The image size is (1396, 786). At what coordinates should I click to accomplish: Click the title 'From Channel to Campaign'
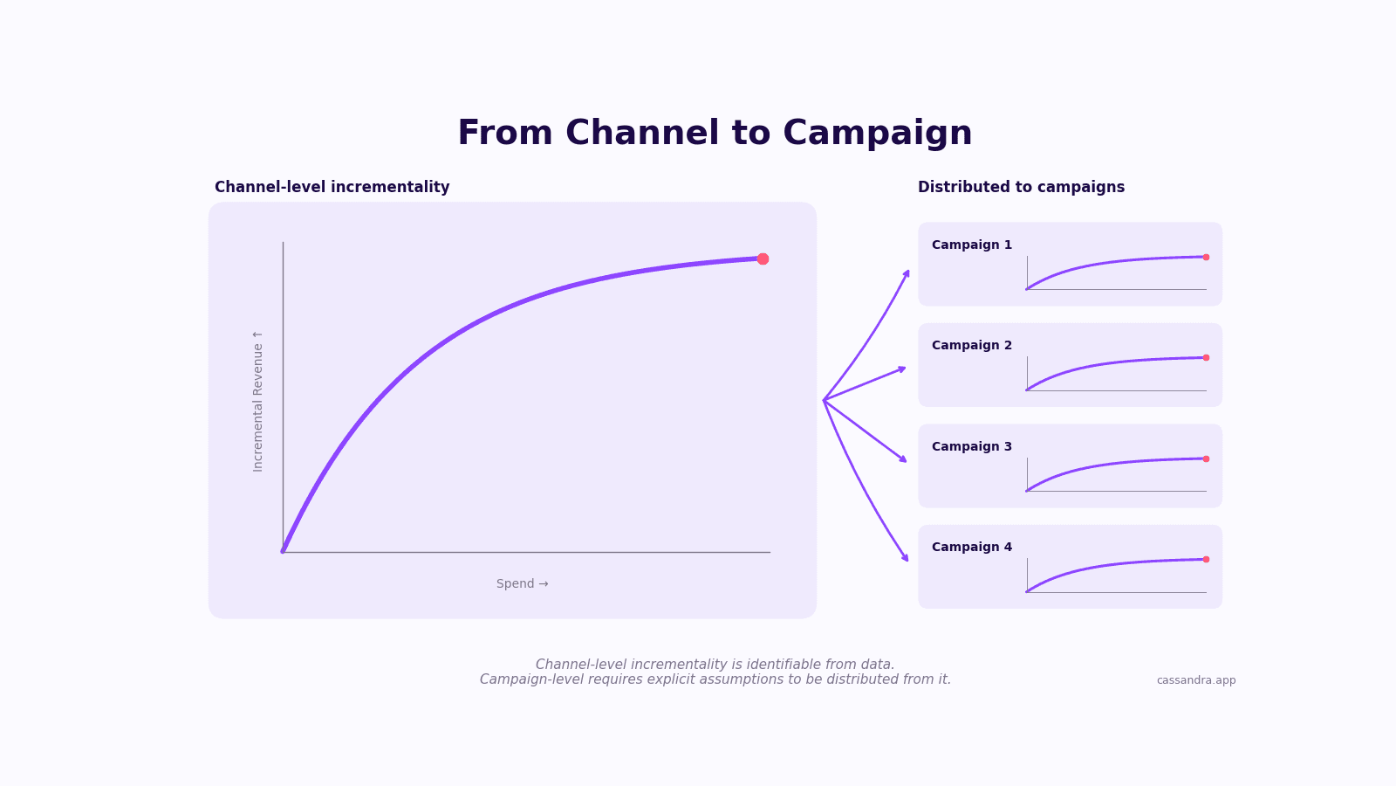coord(715,133)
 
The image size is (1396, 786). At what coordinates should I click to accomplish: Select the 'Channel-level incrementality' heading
coord(332,187)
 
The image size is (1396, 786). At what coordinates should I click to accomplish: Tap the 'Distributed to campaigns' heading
coord(1021,187)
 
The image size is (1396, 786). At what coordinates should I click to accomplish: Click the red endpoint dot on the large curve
coord(763,259)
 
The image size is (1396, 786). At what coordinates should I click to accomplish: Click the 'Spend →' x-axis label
coord(523,584)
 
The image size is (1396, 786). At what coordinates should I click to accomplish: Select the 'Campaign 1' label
coord(972,245)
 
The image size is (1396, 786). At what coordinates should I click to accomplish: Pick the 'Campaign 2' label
coord(972,346)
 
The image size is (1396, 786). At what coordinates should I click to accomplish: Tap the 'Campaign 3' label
coord(972,446)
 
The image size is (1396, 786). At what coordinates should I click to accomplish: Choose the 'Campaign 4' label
coord(972,547)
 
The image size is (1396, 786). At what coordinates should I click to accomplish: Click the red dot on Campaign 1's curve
coord(1206,257)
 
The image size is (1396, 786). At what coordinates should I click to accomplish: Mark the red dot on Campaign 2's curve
coord(1206,357)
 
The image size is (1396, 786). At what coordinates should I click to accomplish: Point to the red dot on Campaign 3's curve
coord(1206,458)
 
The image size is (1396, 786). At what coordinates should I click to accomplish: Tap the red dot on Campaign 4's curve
coord(1206,559)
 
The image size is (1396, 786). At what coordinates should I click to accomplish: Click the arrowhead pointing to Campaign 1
coord(907,273)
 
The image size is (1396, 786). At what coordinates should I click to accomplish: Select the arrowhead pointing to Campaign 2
coord(902,369)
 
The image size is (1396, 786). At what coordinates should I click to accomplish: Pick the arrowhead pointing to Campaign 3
coord(903,459)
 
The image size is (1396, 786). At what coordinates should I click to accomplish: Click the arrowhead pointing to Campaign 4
coord(906,558)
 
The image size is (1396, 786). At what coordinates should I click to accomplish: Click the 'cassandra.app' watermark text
coord(1196,680)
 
